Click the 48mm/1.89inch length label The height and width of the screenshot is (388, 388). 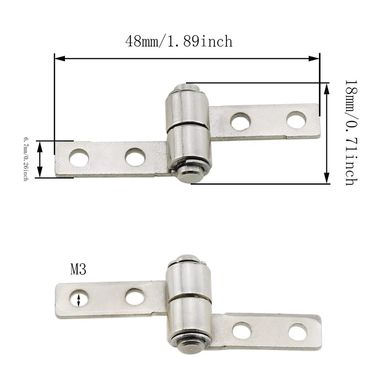(x=179, y=41)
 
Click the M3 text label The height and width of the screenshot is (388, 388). (x=78, y=270)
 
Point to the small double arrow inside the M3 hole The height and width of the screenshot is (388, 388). (x=79, y=299)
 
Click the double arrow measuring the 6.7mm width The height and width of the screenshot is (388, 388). (x=40, y=159)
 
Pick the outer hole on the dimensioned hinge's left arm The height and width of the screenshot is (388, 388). (x=79, y=158)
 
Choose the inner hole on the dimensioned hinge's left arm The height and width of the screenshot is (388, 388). (x=135, y=157)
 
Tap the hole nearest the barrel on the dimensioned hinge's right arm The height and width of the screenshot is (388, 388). (x=240, y=121)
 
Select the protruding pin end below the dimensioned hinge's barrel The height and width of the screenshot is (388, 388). (x=190, y=174)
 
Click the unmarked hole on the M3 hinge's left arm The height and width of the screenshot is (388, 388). (x=135, y=296)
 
